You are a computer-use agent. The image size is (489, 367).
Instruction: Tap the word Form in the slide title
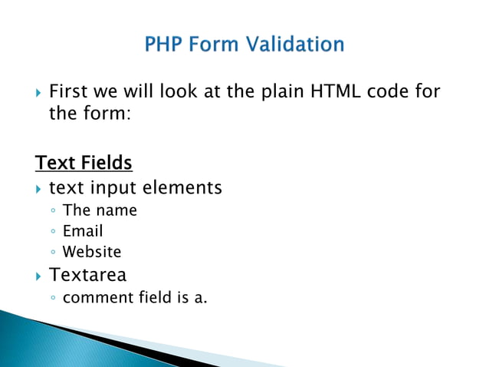218,45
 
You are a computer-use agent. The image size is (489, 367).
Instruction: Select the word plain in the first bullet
281,93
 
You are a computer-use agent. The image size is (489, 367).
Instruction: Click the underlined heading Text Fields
84,164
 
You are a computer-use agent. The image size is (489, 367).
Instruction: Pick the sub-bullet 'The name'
100,210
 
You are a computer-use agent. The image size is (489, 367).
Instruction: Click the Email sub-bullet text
83,231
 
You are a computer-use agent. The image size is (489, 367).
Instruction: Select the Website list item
92,252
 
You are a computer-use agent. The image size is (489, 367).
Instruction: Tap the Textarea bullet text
87,275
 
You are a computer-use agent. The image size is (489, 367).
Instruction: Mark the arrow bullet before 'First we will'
39,94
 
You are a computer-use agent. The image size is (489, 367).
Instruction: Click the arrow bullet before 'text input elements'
39,188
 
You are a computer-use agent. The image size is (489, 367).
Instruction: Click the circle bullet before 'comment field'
52,298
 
